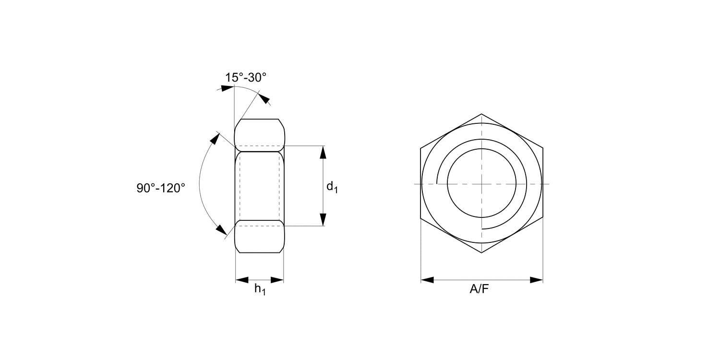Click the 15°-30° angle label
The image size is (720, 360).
tap(245, 77)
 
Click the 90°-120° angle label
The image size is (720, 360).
tap(161, 188)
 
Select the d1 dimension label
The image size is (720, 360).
tap(332, 187)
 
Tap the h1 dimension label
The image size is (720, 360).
tap(260, 289)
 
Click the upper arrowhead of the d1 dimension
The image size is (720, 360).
tap(323, 152)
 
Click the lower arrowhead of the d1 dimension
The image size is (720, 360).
tap(323, 219)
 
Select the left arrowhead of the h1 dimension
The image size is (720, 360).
tap(242, 280)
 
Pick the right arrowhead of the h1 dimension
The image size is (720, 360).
tap(277, 280)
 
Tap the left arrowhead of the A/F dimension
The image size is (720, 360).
tap(428, 280)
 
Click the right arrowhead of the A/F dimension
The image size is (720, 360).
tap(536, 280)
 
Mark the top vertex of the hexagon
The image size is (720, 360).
tap(481, 114)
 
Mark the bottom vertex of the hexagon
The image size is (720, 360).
tap(481, 253)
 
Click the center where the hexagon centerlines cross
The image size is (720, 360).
tap(481, 184)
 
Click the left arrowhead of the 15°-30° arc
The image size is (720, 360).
tap(227, 88)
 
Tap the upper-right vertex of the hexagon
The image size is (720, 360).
tap(543, 148)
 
